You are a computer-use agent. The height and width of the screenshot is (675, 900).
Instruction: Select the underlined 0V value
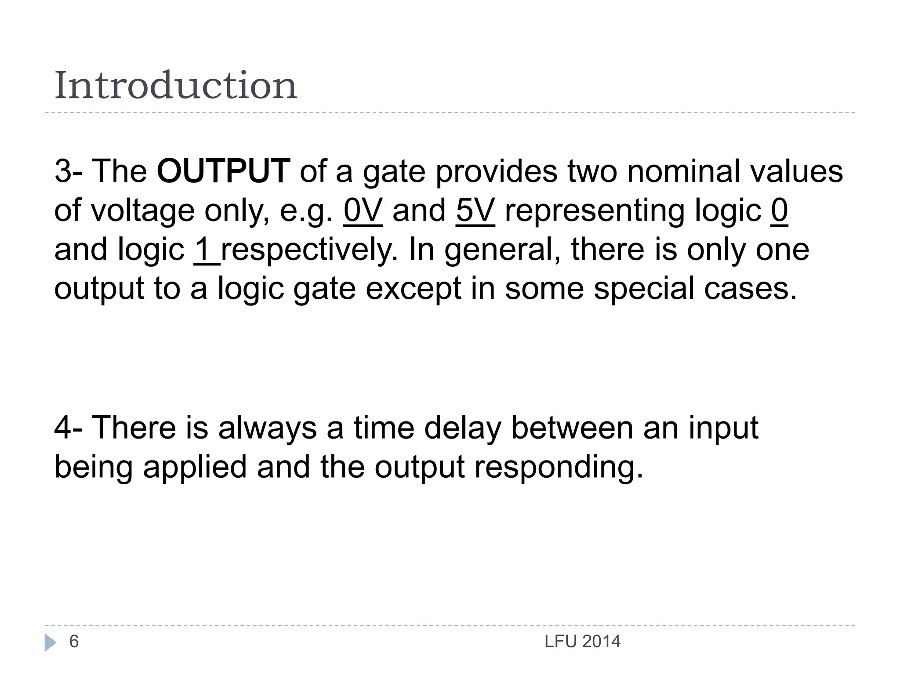363,210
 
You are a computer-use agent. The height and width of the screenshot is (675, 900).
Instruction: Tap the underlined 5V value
475,210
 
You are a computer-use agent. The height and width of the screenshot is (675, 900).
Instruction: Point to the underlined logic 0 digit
779,210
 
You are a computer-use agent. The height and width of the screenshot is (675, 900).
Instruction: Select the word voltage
142,211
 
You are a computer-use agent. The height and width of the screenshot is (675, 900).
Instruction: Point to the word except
413,289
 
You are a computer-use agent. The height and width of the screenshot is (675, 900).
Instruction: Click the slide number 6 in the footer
74,642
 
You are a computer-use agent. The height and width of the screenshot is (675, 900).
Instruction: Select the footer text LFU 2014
582,642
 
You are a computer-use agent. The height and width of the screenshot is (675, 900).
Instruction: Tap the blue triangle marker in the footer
50,642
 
